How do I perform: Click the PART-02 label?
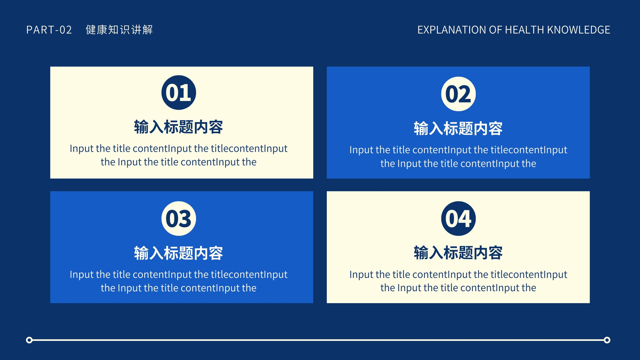coord(49,30)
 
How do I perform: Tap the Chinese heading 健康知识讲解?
coord(119,30)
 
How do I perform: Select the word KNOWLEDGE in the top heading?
coord(578,30)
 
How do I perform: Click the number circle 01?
coord(178,92)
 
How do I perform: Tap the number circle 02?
coord(458,94)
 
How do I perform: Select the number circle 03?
coord(178,218)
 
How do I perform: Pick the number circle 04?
coord(458,218)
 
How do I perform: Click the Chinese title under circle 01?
coord(178,127)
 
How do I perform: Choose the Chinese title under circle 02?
coord(458,128)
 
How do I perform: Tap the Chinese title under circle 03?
coord(178,253)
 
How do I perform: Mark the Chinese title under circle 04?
coord(458,253)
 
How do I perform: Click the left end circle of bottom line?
coord(29,340)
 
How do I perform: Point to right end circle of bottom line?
coord(607,340)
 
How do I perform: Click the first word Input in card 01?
coord(82,148)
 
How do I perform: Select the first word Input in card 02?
coord(361,150)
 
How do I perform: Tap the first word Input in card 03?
coord(82,274)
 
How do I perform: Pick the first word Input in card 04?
coord(361,274)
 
